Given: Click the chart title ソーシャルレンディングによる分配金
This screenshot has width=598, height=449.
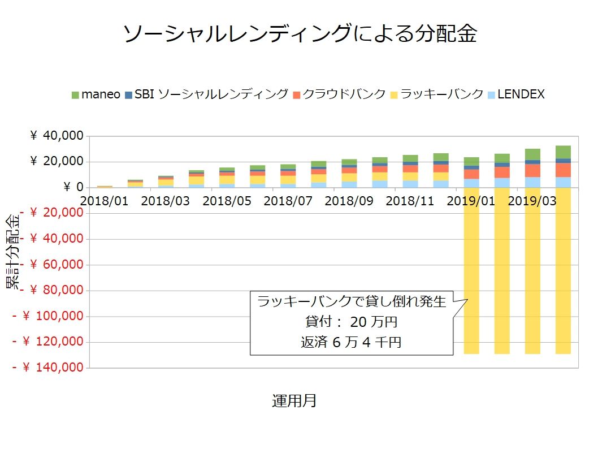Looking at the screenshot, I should (300, 34).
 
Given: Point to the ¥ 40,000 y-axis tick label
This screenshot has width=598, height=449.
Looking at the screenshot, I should (57, 136).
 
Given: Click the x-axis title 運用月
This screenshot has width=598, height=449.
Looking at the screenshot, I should (294, 401).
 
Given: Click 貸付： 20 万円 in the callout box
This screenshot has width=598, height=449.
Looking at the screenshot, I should (351, 322).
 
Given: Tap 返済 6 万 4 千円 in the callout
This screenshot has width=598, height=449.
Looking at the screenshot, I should (351, 342).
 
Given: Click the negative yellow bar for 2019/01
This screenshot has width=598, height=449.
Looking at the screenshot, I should (471, 271).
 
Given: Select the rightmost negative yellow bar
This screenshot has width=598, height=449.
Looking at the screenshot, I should (563, 271).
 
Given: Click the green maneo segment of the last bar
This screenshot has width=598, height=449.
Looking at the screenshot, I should (563, 152).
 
